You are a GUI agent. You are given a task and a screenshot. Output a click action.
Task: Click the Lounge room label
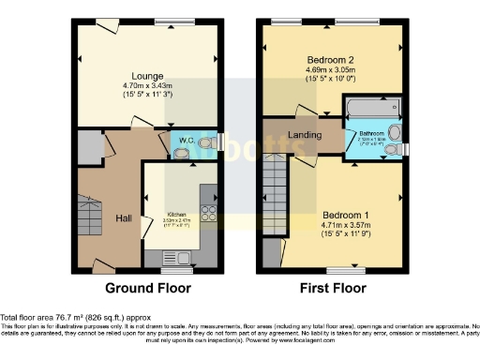point(147,75)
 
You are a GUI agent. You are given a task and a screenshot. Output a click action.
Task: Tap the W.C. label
point(186,141)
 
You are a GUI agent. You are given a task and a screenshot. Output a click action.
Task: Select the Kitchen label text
point(178,214)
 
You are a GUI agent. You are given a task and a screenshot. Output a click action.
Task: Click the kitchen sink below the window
point(176,257)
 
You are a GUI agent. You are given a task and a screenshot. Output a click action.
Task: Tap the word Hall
point(123,217)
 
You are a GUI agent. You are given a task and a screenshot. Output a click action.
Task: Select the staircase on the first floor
point(276,187)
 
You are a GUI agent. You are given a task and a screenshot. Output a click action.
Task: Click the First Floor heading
point(333,288)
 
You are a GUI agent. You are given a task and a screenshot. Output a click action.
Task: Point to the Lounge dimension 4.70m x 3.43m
point(147,85)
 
